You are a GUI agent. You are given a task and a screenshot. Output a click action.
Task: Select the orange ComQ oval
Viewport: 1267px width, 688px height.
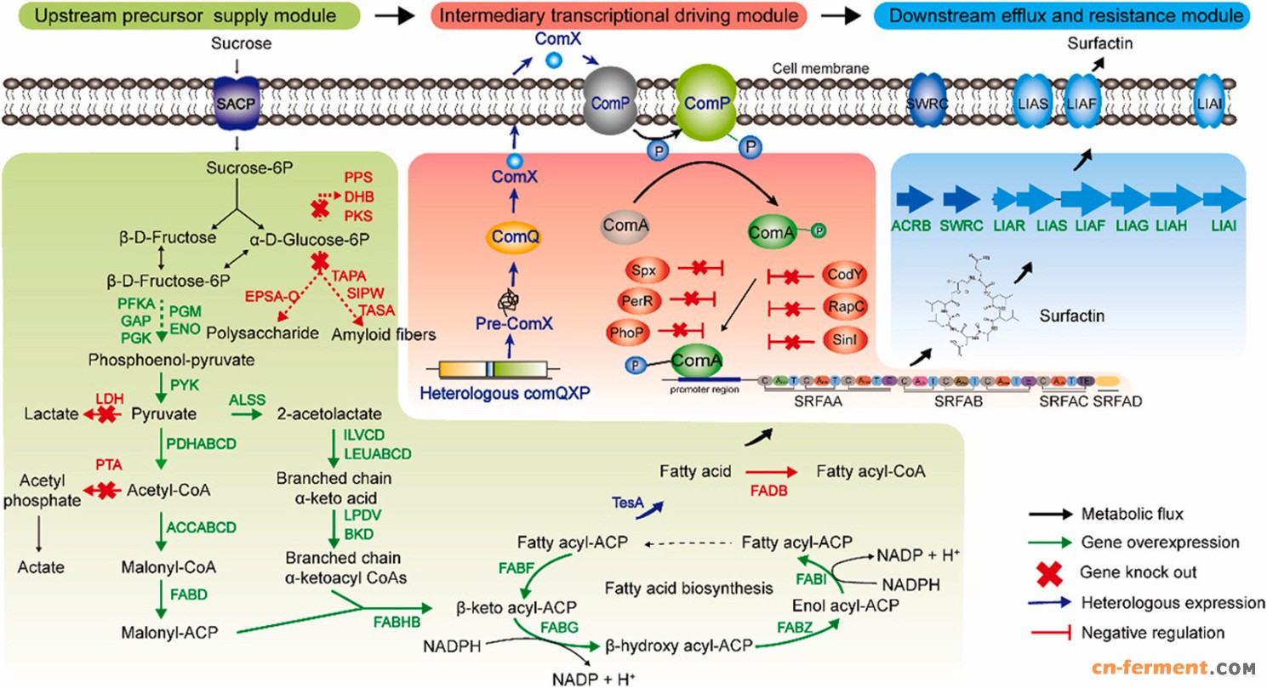tap(503, 232)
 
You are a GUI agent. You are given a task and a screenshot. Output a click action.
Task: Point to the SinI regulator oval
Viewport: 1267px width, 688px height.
tap(837, 342)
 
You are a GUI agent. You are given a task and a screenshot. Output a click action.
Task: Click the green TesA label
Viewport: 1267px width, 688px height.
tap(626, 503)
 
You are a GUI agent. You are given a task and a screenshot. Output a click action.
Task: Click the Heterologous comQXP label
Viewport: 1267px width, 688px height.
tap(495, 395)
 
